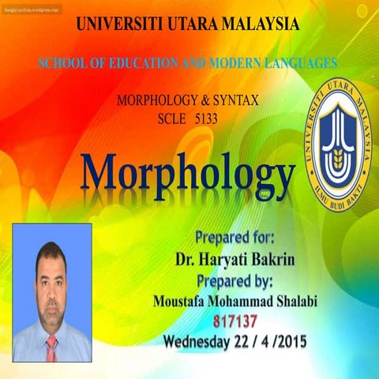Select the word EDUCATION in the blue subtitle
[x=137, y=62]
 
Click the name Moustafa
[x=181, y=301]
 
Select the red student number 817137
[x=235, y=321]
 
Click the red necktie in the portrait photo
[x=51, y=348]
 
